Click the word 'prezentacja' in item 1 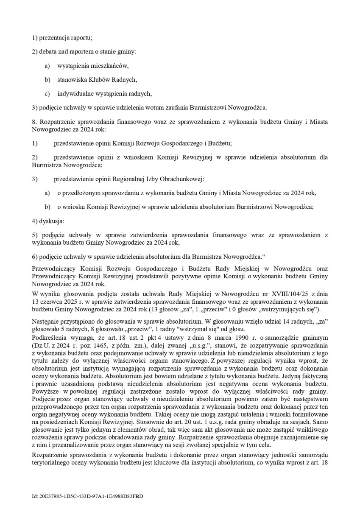point(57,38)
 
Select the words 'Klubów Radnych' point(115,80)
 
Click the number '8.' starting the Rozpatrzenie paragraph point(35,121)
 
